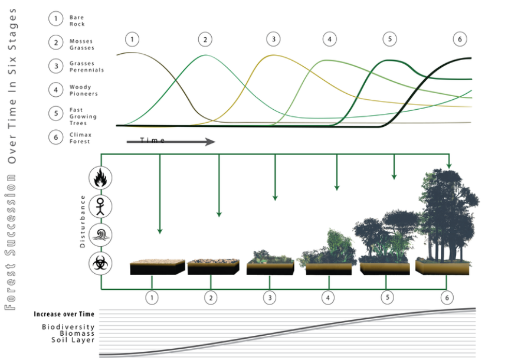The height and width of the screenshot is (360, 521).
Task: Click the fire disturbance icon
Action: pyautogui.click(x=99, y=178)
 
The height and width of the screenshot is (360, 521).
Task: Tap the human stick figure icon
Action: pyautogui.click(x=99, y=207)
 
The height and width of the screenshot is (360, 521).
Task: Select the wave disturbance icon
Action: pyautogui.click(x=99, y=235)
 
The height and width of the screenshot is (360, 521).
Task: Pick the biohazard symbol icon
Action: pyautogui.click(x=99, y=263)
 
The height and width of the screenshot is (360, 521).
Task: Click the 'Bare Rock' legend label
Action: pyautogui.click(x=77, y=21)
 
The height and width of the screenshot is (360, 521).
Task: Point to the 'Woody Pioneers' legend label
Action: pyautogui.click(x=83, y=90)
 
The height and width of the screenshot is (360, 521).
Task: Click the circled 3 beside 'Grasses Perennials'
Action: pyautogui.click(x=56, y=66)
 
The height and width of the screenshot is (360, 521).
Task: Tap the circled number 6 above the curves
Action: pyautogui.click(x=460, y=40)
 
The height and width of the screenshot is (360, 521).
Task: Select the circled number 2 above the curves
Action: pyautogui.click(x=205, y=40)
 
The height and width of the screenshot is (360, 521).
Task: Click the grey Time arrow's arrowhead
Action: pyautogui.click(x=209, y=142)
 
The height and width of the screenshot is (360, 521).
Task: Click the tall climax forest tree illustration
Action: pyautogui.click(x=448, y=215)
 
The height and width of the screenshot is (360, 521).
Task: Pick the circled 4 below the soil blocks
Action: pyautogui.click(x=327, y=297)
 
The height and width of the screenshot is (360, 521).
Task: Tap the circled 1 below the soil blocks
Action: pyautogui.click(x=153, y=297)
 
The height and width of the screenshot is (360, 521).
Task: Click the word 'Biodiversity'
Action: pyautogui.click(x=68, y=327)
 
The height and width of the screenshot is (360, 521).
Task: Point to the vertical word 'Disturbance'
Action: pyautogui.click(x=83, y=221)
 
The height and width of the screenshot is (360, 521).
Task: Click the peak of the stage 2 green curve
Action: pyautogui.click(x=205, y=55)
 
